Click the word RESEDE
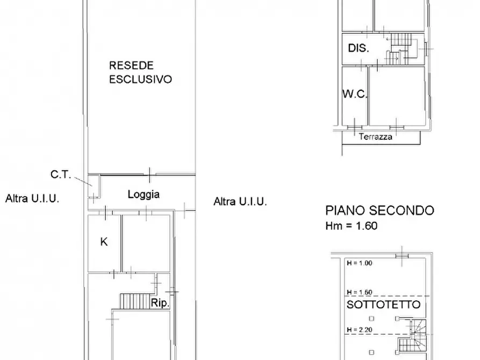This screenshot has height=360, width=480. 132,66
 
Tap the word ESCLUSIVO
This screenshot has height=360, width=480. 140,80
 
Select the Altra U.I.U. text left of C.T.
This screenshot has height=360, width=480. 32,198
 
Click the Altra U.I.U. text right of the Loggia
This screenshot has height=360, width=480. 240,201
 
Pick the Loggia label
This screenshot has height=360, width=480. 144,195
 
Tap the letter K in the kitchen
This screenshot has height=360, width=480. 104,242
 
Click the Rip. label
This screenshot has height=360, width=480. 161,303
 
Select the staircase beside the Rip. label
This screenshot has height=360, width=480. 133,301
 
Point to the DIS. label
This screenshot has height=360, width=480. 359,48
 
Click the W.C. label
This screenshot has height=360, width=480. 355,94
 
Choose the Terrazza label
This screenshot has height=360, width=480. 376,136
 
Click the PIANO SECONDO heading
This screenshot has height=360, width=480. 379,210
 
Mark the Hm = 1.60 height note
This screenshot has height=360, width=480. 352,226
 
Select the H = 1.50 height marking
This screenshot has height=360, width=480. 360,292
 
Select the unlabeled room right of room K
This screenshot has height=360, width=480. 146,243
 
